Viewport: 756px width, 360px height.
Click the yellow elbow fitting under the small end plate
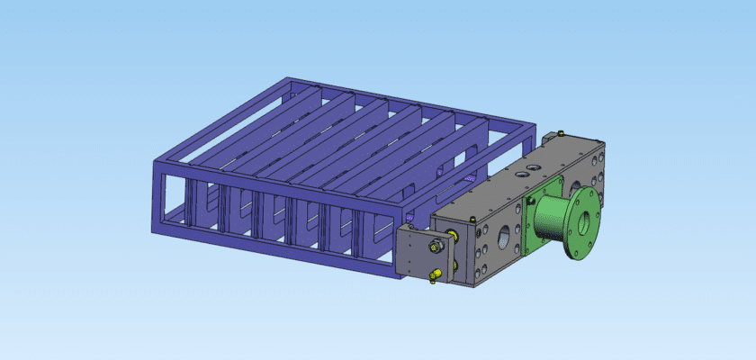click(x=436, y=274)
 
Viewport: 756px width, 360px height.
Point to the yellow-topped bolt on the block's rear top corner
click(x=561, y=134)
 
